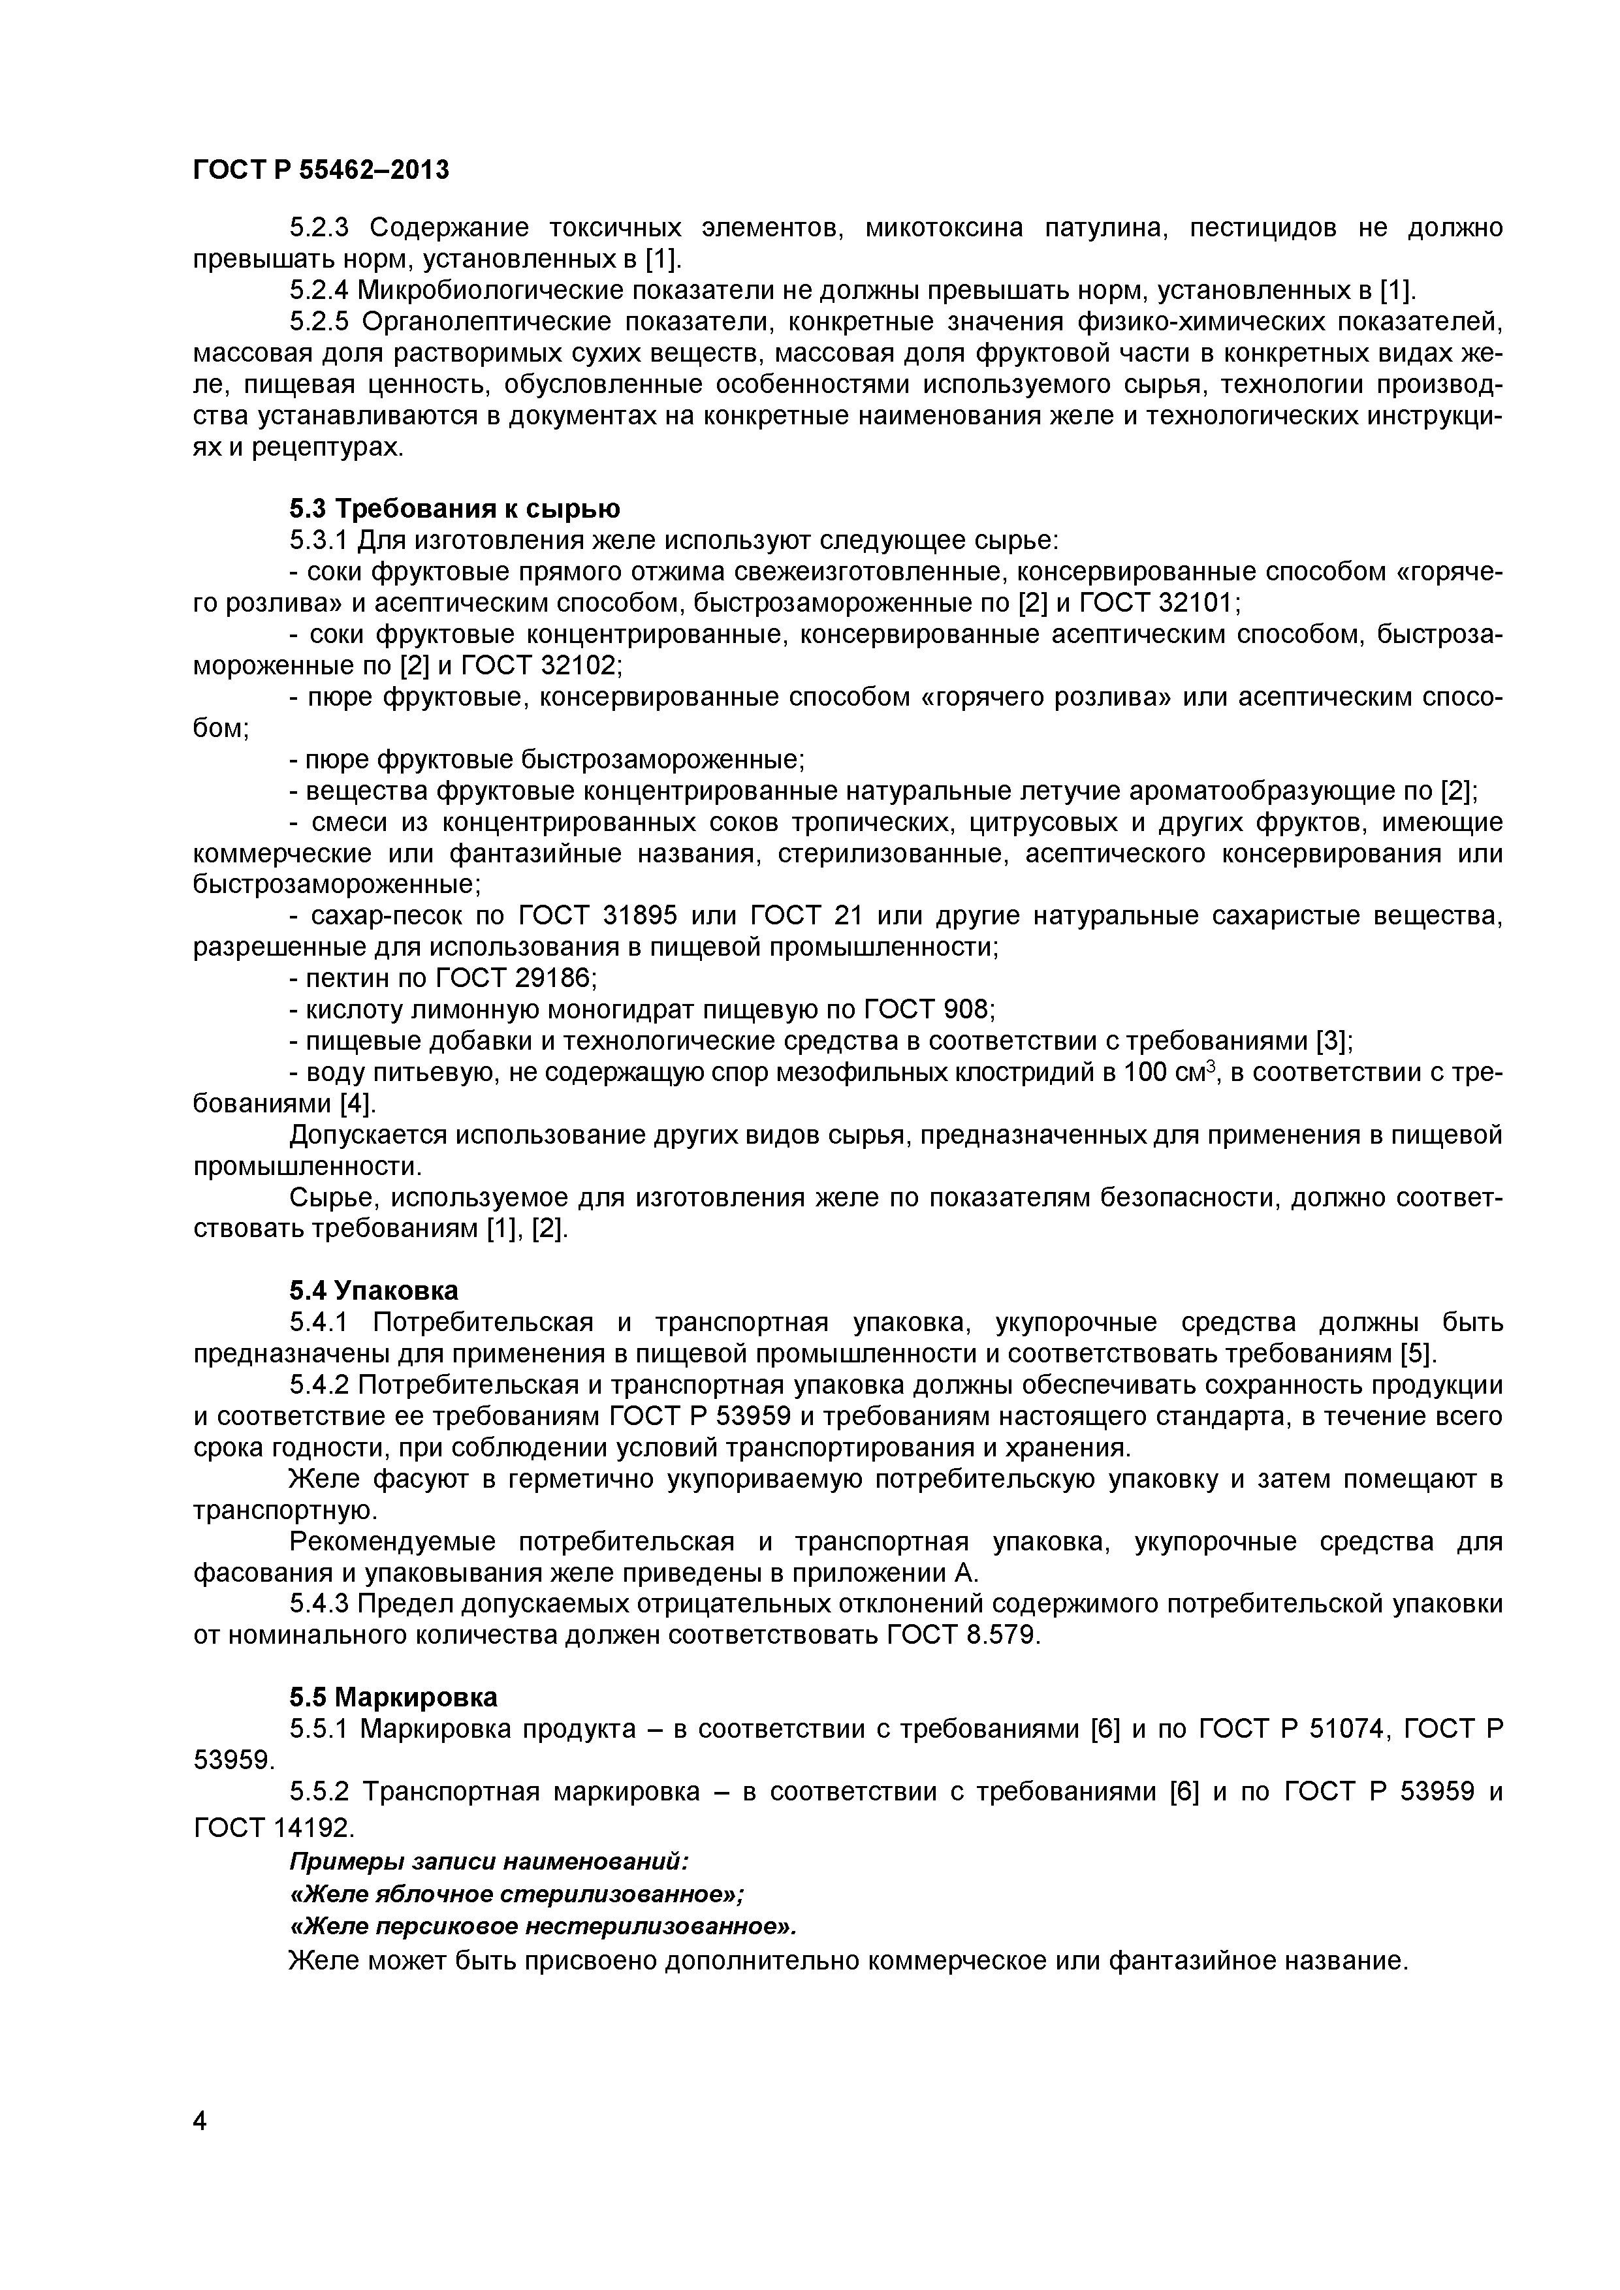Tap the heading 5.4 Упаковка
(373, 1290)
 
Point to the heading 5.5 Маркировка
(393, 1697)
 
